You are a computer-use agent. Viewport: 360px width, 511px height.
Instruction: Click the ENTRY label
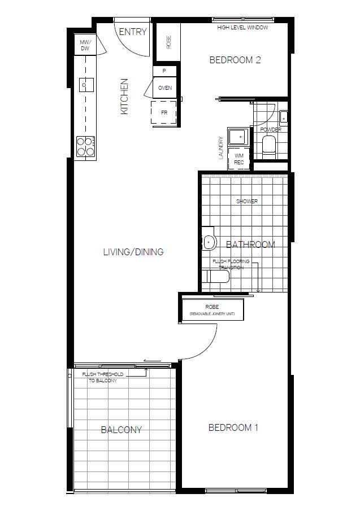click(x=133, y=32)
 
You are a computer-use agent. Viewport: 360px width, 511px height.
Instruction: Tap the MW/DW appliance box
click(x=85, y=45)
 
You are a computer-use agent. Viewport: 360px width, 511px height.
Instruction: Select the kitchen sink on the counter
click(x=85, y=85)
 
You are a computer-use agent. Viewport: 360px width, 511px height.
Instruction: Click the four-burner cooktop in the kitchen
click(x=85, y=146)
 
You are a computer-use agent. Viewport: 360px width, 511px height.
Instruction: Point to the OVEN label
click(x=164, y=88)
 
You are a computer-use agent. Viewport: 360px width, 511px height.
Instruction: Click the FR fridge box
click(x=164, y=112)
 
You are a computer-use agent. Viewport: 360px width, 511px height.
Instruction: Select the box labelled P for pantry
click(x=164, y=71)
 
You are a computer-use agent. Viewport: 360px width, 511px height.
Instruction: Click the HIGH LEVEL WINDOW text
click(x=242, y=27)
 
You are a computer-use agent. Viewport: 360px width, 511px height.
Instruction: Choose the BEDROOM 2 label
click(x=235, y=60)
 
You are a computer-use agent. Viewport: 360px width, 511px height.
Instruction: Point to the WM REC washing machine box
click(x=239, y=159)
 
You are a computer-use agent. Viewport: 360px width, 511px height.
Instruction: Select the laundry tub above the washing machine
click(x=238, y=136)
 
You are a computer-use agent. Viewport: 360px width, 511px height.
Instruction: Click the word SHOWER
click(x=247, y=201)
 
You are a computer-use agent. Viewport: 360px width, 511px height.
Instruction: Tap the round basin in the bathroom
click(x=210, y=242)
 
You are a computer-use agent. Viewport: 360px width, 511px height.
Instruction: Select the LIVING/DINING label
click(x=133, y=252)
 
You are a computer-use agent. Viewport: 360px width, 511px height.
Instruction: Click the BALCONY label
click(x=121, y=430)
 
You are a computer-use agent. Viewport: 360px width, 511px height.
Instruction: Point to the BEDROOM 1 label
click(x=233, y=427)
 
